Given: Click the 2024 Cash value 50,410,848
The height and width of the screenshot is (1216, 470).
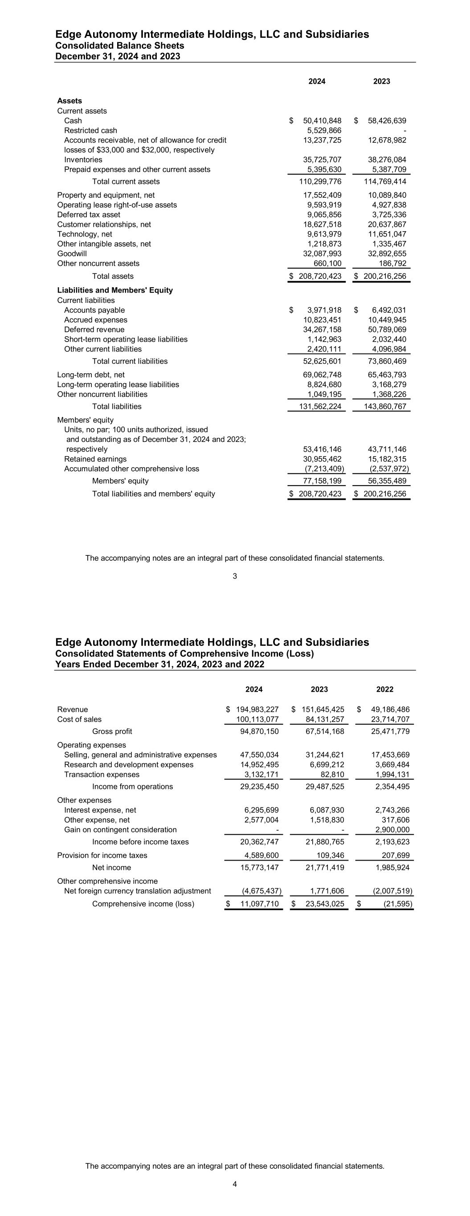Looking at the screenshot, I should (322, 121).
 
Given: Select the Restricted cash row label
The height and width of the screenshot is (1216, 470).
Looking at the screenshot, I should (90, 130).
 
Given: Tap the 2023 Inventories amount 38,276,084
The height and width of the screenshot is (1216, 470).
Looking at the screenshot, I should (387, 159).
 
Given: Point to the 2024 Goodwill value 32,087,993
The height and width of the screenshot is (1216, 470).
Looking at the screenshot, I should (322, 253).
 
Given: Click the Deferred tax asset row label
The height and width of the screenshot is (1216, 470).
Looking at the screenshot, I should (88, 215).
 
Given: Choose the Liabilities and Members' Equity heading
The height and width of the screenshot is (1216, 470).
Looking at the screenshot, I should (115, 290).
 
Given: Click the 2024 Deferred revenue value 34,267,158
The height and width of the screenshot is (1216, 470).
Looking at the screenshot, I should (322, 330).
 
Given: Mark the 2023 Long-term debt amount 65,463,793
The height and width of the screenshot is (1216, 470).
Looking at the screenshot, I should (387, 375).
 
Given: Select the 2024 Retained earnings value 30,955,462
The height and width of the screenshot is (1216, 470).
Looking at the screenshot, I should (322, 459).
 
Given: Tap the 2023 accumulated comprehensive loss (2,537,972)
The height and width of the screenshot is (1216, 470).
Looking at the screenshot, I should (388, 469).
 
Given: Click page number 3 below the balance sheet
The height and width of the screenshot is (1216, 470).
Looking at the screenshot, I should (235, 576).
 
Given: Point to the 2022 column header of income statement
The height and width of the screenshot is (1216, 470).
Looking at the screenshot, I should (384, 689).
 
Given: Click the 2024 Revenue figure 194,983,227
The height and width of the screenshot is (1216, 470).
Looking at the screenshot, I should (257, 710).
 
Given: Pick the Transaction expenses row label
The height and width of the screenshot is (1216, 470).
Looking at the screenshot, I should (102, 774).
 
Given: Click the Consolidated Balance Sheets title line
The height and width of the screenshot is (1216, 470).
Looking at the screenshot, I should (119, 46).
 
